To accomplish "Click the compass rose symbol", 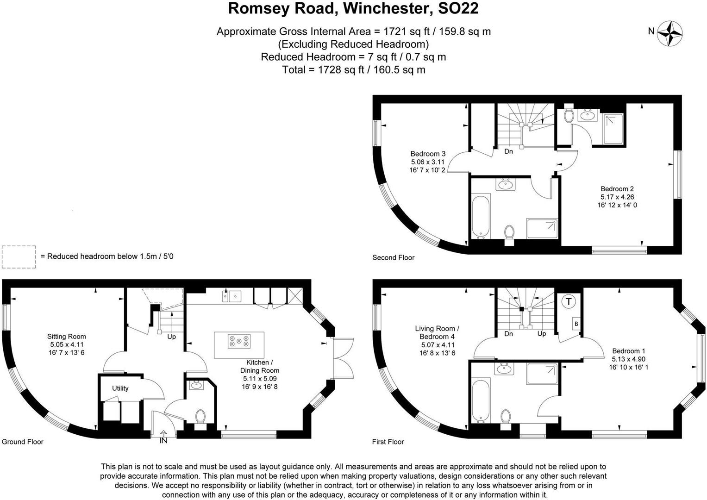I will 671,33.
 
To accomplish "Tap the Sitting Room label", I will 67,337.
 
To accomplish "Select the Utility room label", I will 120,388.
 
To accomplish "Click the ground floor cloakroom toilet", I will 200,416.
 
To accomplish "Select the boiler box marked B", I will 576,324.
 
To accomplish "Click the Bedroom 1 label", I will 628,351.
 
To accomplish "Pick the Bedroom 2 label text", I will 617,189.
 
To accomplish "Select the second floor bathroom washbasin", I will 505,185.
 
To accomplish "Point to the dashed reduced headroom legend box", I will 19,256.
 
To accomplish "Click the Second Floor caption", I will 393,258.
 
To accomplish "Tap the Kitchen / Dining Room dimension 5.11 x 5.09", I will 259,379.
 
